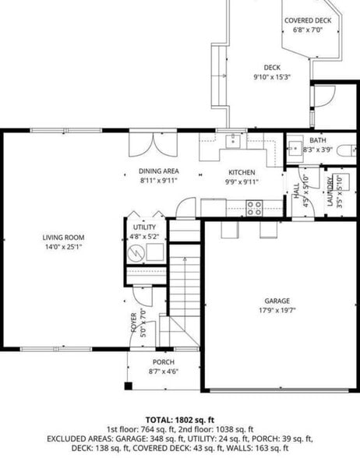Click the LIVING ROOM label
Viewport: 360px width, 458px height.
[x=63, y=238]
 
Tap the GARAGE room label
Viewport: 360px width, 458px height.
[x=277, y=301]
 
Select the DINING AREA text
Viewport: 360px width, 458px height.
[x=159, y=171]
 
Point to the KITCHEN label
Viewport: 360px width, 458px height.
[x=242, y=172]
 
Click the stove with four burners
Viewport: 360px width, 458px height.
[x=255, y=207]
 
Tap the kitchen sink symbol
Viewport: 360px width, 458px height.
[x=231, y=141]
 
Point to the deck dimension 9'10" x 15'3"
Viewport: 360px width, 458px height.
[x=271, y=77]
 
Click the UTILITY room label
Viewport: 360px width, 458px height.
[x=144, y=227]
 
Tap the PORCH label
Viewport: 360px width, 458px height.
[x=163, y=362]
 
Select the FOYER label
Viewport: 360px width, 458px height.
[x=134, y=322]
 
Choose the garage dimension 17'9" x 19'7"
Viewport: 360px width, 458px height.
[x=277, y=310]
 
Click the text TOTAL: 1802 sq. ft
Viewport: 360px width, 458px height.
[x=180, y=419]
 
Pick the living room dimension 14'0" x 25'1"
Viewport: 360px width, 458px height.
[x=63, y=247]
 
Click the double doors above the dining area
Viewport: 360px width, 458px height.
[x=153, y=143]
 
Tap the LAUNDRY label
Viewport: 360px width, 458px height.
[x=330, y=192]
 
